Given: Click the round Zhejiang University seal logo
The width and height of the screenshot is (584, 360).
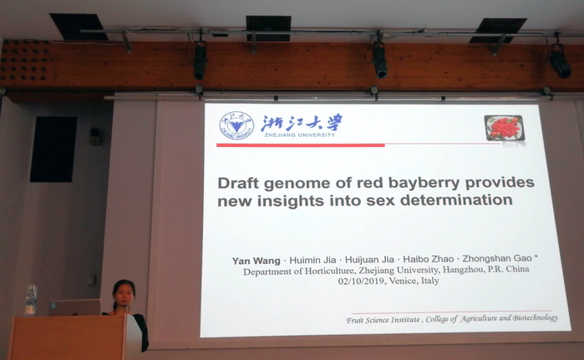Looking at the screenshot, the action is [236, 125].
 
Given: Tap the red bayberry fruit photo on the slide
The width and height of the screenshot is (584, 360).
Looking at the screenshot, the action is [505, 128].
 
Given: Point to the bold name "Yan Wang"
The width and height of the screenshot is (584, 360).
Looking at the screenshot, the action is [256, 261].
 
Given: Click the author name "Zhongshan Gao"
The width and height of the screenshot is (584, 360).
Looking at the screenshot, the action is [497, 259].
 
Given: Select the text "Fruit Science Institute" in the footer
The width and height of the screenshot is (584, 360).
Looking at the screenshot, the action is [383, 320].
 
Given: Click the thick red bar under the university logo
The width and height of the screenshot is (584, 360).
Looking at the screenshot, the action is [301, 145].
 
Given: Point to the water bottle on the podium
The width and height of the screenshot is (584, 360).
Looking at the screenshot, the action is [31, 301].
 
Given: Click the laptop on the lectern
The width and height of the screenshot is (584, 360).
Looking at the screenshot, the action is [75, 307].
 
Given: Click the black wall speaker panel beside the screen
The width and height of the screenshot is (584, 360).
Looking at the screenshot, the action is [53, 150].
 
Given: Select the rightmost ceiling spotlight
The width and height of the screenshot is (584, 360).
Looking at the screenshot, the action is [560, 62].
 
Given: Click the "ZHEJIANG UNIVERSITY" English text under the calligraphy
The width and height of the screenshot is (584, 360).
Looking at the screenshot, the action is [299, 134].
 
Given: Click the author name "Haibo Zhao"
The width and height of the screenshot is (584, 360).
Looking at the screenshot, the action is [429, 259].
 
